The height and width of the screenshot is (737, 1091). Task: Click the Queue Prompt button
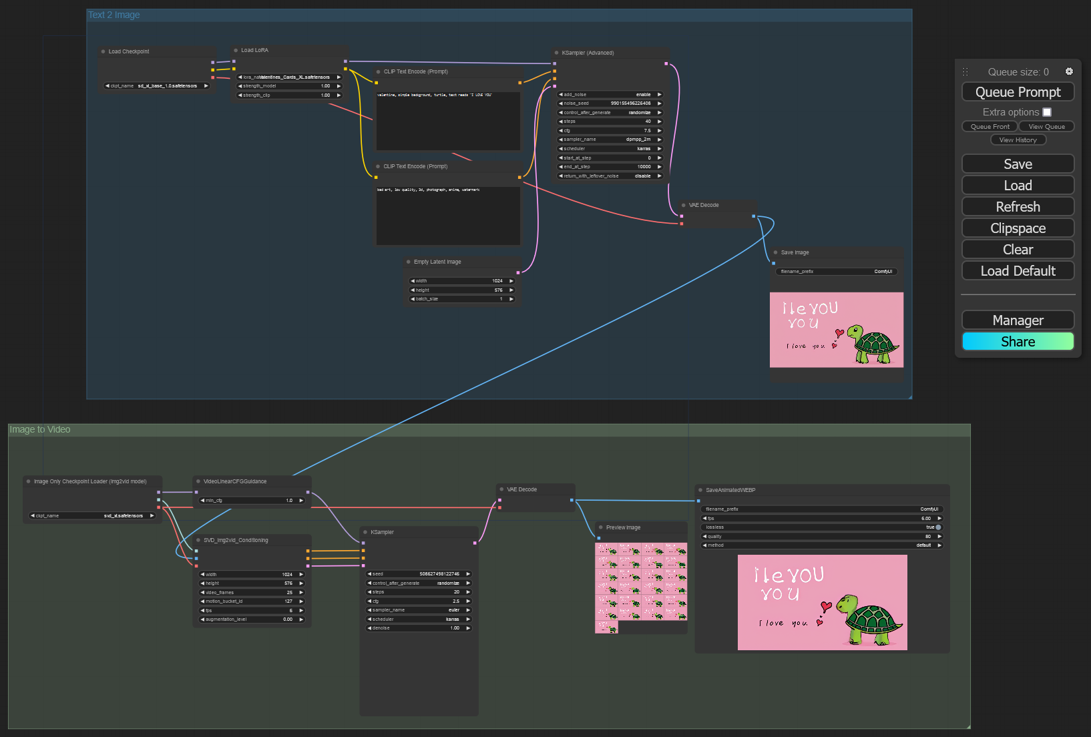pyautogui.click(x=1018, y=92)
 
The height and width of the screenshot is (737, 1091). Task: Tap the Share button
pyautogui.click(x=1018, y=342)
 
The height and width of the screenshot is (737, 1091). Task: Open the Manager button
pyautogui.click(x=1018, y=320)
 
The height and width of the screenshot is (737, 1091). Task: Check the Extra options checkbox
pyautogui.click(x=1047, y=112)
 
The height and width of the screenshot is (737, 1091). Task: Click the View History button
pyautogui.click(x=1018, y=140)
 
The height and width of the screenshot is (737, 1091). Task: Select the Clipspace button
pyautogui.click(x=1018, y=228)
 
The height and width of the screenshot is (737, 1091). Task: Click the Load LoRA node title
pyautogui.click(x=254, y=51)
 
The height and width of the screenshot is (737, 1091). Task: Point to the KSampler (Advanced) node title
pyautogui.click(x=588, y=53)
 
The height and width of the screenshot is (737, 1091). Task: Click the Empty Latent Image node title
pyautogui.click(x=437, y=262)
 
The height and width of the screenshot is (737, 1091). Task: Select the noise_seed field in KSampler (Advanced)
pyautogui.click(x=610, y=103)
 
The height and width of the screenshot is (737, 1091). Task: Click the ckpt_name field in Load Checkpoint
pyautogui.click(x=157, y=86)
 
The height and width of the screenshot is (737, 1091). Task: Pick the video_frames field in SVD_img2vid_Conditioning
pyautogui.click(x=252, y=593)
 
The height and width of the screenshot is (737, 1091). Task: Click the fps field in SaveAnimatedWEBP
pyautogui.click(x=821, y=519)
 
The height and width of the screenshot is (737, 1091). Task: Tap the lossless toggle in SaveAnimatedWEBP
pyautogui.click(x=937, y=527)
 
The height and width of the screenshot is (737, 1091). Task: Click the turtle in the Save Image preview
pyautogui.click(x=872, y=344)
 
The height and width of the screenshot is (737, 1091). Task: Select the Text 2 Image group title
pyautogui.click(x=114, y=15)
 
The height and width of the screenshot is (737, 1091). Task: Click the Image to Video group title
pyautogui.click(x=40, y=430)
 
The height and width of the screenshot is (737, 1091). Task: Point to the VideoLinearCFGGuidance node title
pyautogui.click(x=235, y=481)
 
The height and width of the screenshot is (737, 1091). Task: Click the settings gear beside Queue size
pyautogui.click(x=1069, y=71)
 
